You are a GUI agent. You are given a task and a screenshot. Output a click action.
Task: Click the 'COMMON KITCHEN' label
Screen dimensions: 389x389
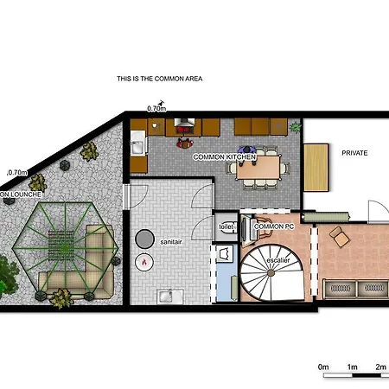(223, 157)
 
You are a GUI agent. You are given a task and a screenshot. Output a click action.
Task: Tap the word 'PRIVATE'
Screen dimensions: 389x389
(354, 153)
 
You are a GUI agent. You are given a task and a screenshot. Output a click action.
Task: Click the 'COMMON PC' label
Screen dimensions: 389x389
(274, 226)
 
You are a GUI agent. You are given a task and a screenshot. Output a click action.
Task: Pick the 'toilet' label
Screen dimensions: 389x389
(226, 226)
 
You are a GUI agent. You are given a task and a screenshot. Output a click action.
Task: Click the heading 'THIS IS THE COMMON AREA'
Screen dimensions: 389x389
(159, 78)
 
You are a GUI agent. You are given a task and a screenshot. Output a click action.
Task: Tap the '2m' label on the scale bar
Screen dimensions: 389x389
(380, 367)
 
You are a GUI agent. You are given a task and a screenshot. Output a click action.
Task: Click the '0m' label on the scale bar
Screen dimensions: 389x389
(324, 367)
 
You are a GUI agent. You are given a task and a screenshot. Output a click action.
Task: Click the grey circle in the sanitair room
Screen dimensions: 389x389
(146, 238)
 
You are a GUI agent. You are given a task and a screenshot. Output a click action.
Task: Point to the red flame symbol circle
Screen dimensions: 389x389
(145, 260)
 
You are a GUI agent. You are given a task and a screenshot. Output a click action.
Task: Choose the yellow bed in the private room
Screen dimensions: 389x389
(316, 166)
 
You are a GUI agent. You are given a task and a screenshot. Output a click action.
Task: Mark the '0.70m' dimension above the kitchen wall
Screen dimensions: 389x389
(156, 109)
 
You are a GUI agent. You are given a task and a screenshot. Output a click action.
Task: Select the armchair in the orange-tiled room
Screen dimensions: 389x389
(338, 235)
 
